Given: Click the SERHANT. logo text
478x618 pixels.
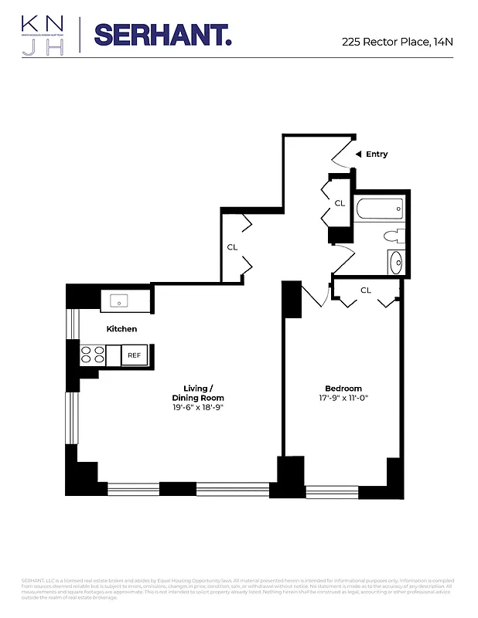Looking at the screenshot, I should pos(162,35).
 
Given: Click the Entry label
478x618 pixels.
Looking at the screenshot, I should pos(377,154).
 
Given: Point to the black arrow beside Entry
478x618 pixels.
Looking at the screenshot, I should pos(357,154).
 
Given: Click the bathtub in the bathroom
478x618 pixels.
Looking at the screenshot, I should pos(380,208).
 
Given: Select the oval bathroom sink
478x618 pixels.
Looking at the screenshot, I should pos(394,262).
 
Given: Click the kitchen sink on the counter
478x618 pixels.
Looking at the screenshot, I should pos(119,300).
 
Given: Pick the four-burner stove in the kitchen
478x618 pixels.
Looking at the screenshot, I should pos(93,355).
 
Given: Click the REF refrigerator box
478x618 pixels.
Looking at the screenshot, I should pos(135,355).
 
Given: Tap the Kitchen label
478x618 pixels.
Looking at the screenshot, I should pos(121,329).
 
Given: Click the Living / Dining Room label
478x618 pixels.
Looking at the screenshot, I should pos(198,392).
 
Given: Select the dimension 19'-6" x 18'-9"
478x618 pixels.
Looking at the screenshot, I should pos(198,407).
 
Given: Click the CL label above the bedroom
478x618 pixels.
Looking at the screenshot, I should pos(366,290).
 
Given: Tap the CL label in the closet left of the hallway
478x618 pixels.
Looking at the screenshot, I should pos(231,247).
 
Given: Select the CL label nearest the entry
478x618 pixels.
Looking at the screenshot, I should pos(339,203).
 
